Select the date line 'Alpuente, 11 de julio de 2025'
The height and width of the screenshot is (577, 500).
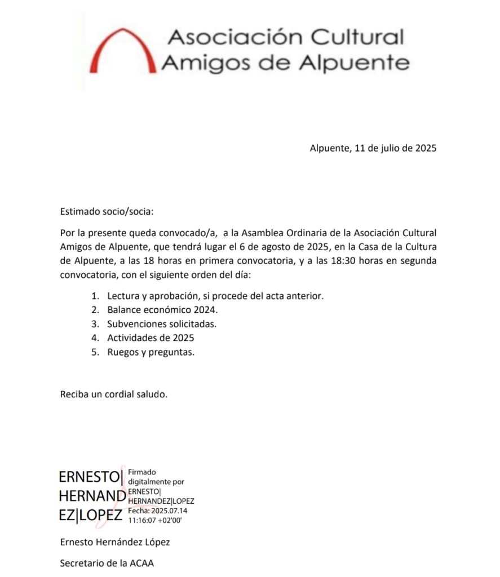pos(373,149)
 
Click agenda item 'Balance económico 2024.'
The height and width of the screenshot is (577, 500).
pos(162,310)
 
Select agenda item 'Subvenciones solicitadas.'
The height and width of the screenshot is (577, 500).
pos(162,324)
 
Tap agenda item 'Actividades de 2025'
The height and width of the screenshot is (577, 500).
pos(151,338)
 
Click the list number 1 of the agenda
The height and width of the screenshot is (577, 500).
pos(95,296)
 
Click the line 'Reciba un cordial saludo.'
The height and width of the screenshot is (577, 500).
pos(114,394)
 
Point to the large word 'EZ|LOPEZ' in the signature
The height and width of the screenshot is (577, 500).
pos(90,515)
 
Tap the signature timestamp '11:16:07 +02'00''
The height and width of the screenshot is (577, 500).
pos(155,520)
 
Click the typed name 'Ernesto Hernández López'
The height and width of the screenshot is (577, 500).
pos(115,542)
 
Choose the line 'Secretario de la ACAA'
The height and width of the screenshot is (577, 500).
pos(107,563)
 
